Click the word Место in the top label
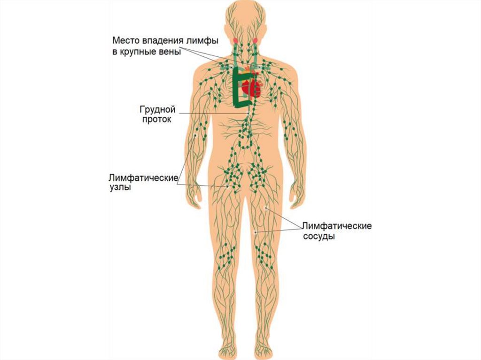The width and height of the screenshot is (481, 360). tap(124, 41)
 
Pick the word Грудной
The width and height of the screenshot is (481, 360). tap(157, 109)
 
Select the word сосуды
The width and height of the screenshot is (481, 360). tap(318, 237)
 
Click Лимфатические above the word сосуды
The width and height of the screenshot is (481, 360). tap(337, 226)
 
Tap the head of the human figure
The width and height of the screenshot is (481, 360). tap(244, 21)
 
